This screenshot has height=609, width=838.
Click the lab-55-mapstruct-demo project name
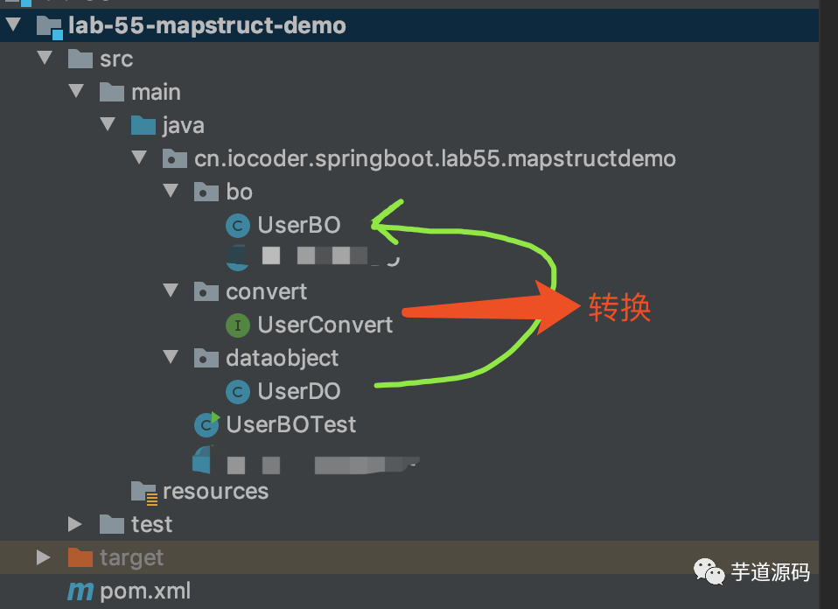206,25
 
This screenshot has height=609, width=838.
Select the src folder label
116,59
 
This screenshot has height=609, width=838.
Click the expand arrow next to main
76,91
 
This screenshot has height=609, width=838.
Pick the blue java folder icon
143,125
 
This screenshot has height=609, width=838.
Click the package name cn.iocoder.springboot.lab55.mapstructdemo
435,158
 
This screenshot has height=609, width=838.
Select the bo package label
239,192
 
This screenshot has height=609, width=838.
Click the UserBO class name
298,225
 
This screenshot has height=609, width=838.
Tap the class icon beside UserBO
237,226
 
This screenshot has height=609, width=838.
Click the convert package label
266,291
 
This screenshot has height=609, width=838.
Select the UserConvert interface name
325,325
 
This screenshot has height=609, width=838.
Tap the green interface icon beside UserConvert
237,325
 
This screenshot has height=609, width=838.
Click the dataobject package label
282,358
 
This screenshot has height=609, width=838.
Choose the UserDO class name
298,391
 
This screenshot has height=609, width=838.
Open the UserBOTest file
290,424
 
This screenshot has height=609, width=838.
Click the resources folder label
215,491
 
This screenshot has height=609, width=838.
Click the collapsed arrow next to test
75,524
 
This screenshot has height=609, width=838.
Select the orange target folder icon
80,557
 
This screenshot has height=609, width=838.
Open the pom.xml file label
145,591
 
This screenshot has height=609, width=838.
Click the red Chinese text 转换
619,308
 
